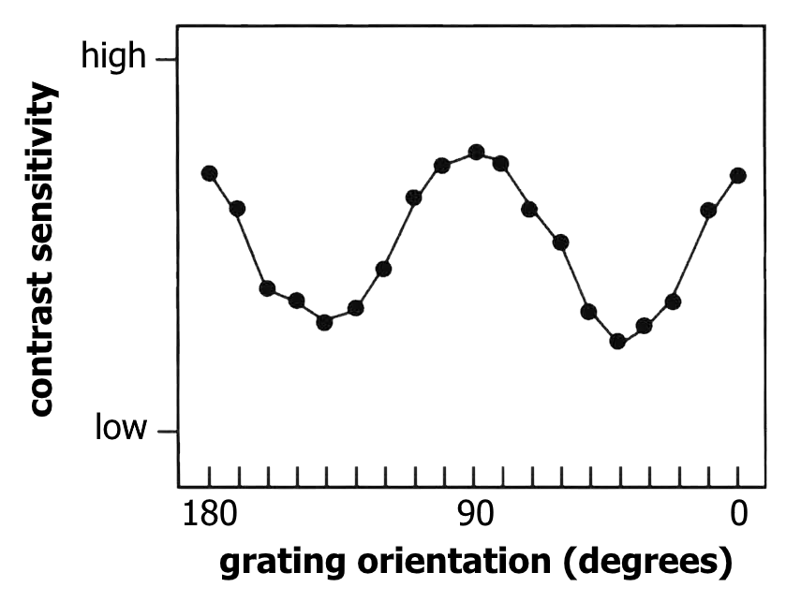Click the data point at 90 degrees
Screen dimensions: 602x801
(476, 152)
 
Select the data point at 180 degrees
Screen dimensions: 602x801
(209, 173)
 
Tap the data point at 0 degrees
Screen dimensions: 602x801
(738, 175)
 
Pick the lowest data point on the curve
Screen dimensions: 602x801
(617, 341)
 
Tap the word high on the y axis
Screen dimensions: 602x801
(114, 57)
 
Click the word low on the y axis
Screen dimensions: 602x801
(122, 429)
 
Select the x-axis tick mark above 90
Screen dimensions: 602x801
(475, 476)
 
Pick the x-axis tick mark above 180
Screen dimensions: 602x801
(209, 476)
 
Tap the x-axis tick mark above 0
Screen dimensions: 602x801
(738, 476)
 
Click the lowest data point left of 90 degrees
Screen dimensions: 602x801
(324, 321)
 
